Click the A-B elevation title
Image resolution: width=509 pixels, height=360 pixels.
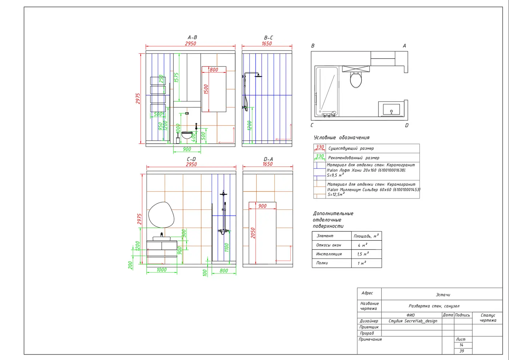(192, 37)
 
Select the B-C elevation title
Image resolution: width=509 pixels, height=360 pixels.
(268, 37)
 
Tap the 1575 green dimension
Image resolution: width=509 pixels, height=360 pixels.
(176, 77)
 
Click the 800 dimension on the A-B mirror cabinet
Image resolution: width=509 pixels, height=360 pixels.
(214, 69)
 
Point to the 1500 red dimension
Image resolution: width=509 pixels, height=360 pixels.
(206, 89)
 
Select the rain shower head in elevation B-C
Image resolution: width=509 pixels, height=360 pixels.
(258, 76)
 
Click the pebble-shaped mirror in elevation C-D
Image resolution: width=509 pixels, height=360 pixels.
(161, 215)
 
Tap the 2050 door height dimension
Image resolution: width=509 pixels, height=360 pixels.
(253, 233)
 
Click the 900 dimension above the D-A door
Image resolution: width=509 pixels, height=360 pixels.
(262, 206)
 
